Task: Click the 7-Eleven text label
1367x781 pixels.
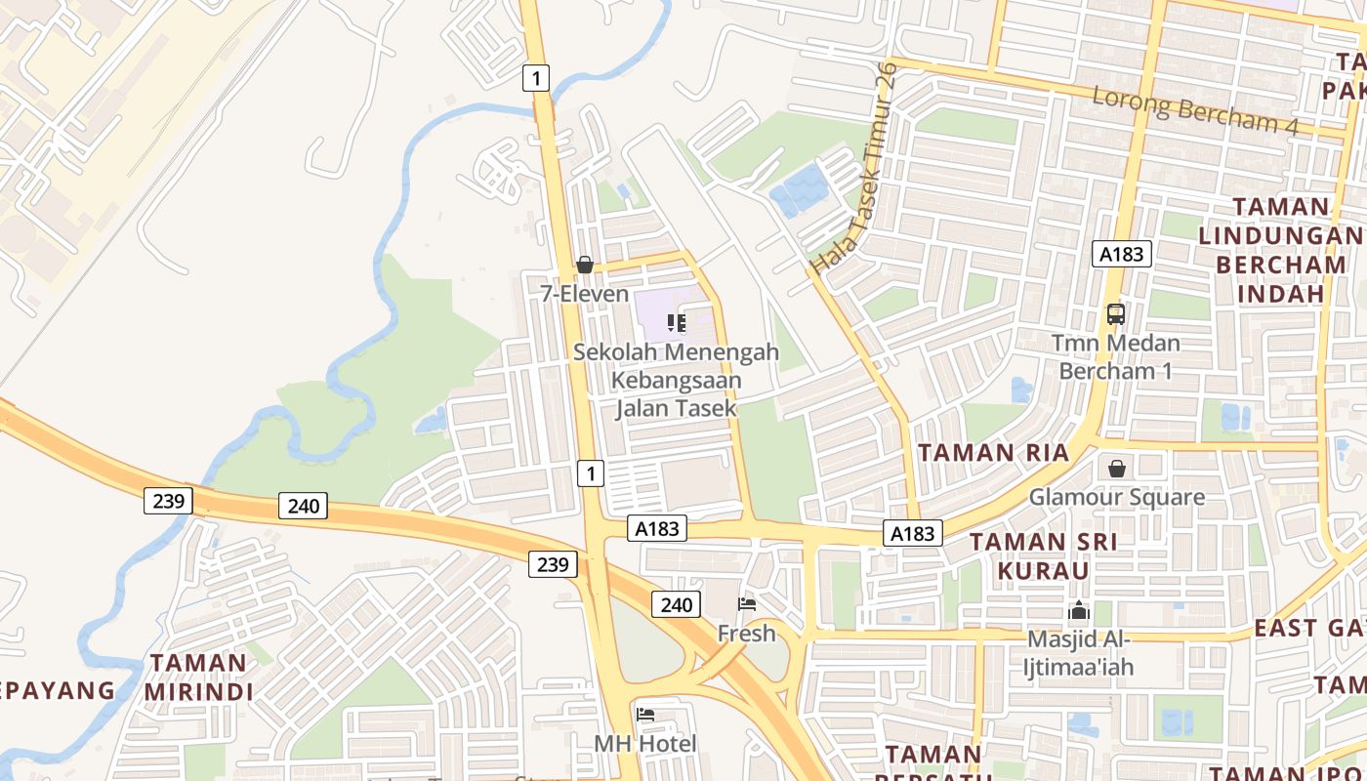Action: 585,293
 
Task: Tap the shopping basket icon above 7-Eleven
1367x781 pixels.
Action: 585,265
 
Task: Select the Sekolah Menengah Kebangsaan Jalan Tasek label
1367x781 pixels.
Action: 676,380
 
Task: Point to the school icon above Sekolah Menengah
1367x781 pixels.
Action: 676,322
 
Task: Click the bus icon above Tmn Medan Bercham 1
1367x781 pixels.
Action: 1116,314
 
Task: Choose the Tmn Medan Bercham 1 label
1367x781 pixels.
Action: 1116,357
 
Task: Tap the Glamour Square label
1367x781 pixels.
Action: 1117,497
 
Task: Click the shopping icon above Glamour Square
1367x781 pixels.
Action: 1117,470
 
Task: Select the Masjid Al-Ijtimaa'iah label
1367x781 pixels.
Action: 1078,653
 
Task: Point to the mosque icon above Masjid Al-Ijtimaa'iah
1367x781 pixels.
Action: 1079,611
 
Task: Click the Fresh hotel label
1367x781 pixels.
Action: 747,634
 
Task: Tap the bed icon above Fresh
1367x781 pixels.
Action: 747,604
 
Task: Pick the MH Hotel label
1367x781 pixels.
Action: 645,744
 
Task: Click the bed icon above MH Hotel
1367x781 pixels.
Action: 645,715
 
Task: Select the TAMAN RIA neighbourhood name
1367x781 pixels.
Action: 994,453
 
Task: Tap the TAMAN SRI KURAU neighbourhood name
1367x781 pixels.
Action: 1043,555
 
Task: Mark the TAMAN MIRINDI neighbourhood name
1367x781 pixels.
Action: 198,678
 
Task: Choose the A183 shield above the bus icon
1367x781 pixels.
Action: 1121,255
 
